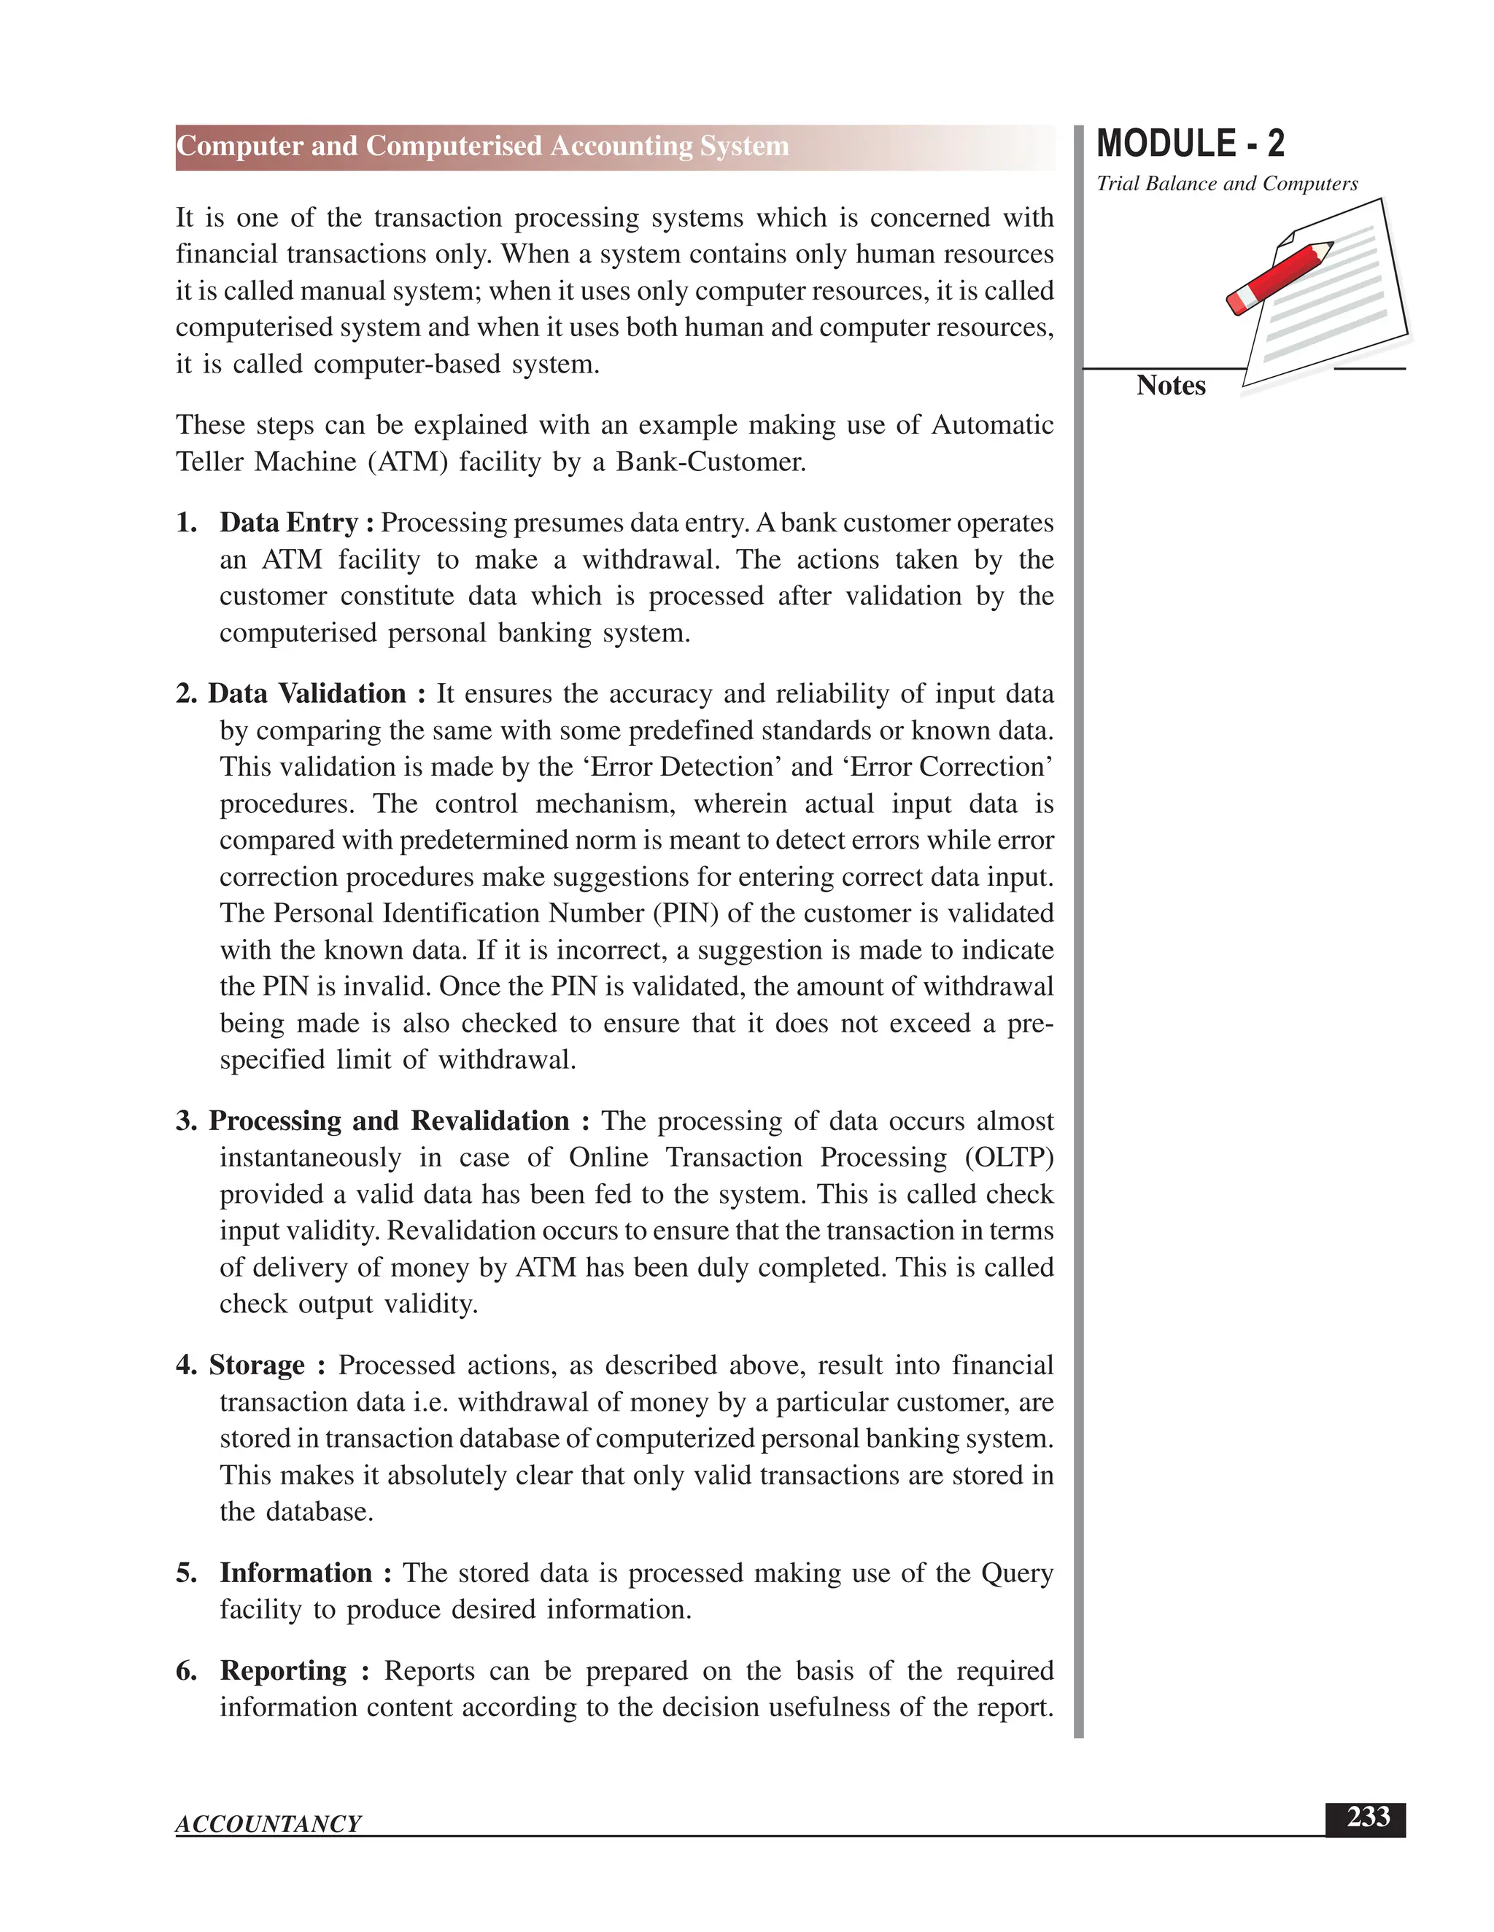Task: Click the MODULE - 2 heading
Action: click(x=1190, y=144)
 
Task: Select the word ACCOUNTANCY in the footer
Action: click(x=268, y=1824)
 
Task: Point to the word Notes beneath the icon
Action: click(x=1170, y=386)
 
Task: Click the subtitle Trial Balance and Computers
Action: click(x=1227, y=184)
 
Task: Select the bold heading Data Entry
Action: click(x=289, y=523)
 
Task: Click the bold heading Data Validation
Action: click(x=307, y=693)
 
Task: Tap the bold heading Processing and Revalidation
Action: click(x=389, y=1121)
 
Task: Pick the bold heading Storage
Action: click(x=257, y=1365)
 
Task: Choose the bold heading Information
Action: click(x=295, y=1573)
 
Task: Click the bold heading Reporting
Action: click(x=283, y=1670)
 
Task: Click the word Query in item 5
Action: click(x=1017, y=1573)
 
